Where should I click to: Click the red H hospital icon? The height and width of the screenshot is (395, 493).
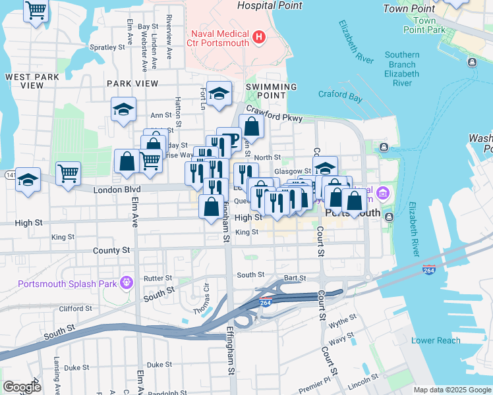click(258, 37)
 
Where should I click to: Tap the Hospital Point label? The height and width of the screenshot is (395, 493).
click(269, 6)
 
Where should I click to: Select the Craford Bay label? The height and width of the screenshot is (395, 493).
click(341, 95)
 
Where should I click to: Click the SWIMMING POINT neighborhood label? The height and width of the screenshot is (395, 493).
click(272, 91)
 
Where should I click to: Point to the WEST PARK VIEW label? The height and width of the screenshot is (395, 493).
click(32, 81)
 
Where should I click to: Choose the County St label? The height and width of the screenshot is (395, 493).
click(111, 251)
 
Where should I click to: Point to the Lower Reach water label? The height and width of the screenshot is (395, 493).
click(436, 340)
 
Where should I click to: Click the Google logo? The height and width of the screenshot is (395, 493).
click(22, 387)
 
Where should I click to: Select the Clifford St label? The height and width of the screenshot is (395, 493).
click(74, 308)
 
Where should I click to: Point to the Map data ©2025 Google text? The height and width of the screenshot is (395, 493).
click(451, 390)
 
